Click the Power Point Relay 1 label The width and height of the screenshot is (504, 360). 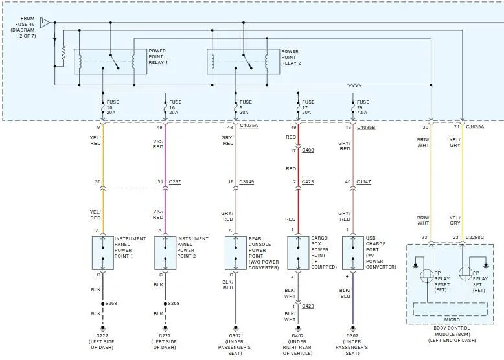pos(158,56)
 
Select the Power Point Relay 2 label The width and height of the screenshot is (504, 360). pos(292,57)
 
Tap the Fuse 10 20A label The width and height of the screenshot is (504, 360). pos(113,107)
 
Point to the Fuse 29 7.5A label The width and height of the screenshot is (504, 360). pos(363,107)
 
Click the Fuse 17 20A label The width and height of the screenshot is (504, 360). pos(308,107)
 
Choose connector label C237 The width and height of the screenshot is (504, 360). pos(175,182)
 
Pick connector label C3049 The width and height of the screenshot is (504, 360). pos(247,182)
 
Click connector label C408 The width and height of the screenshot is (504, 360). pos(308,150)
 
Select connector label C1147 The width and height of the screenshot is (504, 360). pos(363,182)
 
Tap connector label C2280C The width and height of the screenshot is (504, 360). pos(475,238)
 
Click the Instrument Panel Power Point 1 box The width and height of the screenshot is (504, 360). pos(103,253)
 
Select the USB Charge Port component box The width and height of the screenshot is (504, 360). pos(353,253)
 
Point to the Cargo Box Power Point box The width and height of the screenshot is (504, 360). pos(298,253)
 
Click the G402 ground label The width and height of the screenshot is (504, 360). pos(297,344)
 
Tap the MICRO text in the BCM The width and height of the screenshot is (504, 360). pos(452,320)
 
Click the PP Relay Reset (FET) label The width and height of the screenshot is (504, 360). pos(442,281)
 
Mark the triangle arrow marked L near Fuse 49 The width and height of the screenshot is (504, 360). pos(45,23)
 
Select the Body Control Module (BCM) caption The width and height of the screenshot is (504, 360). pos(452,334)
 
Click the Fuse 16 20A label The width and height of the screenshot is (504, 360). pos(175,107)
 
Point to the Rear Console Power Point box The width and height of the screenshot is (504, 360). pos(236,253)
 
